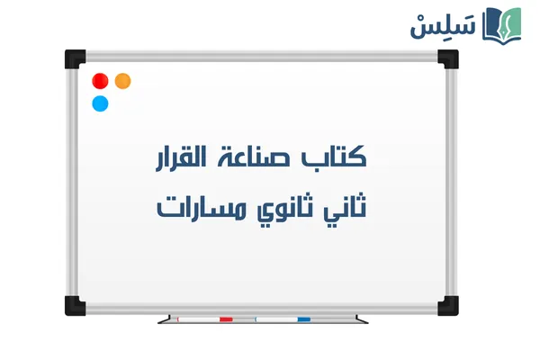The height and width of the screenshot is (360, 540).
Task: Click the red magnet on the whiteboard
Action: click(101, 80)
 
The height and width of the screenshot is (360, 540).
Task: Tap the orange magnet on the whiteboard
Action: click(123, 80)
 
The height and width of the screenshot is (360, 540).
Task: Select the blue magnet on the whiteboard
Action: click(101, 103)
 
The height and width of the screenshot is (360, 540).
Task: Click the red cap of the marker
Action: click(226, 319)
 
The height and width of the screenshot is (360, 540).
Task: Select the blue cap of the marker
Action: click(303, 319)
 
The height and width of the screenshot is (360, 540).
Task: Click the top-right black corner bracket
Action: click(447, 59)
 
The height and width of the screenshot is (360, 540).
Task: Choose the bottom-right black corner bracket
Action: click(447, 304)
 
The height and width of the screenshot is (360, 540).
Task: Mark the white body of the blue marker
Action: click(275, 319)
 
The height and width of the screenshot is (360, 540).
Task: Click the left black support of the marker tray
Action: click(163, 319)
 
